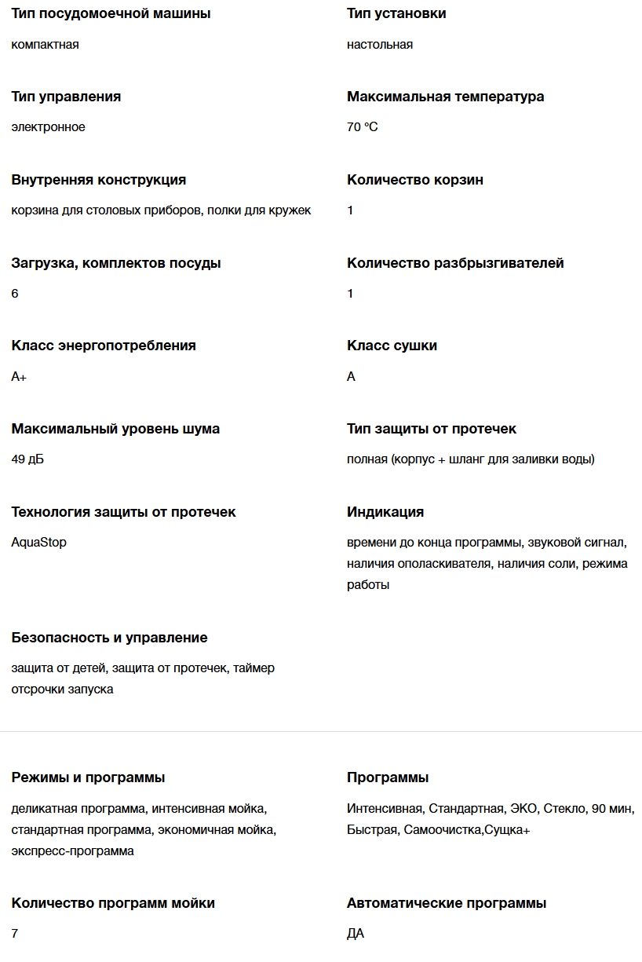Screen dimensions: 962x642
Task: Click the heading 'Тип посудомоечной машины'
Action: [111, 13]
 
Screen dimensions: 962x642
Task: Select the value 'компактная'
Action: [45, 44]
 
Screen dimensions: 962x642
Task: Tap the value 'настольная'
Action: [380, 44]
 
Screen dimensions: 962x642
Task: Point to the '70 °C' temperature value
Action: [362, 126]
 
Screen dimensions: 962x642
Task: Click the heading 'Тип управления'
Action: [66, 97]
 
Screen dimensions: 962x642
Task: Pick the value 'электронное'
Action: [48, 126]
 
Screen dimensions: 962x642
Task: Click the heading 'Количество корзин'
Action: [415, 180]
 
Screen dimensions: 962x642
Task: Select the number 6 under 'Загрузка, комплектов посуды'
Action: [15, 293]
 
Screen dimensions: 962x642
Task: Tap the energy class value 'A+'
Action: [19, 376]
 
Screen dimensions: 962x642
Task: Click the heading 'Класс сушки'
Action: [392, 346]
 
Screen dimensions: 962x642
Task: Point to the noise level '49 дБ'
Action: [27, 459]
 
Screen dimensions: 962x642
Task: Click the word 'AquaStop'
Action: [38, 542]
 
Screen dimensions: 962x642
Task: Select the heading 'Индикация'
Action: [385, 512]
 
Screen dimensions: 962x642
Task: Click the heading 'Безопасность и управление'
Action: [109, 638]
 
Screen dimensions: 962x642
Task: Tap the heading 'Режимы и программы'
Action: [88, 777]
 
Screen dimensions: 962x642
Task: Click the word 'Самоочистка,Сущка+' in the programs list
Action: [467, 829]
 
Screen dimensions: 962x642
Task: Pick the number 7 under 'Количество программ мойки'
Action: [15, 933]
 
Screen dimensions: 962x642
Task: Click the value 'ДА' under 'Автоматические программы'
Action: [356, 933]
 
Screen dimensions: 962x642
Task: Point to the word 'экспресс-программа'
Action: [72, 850]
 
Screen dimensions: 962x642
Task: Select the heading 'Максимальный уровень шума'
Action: [115, 429]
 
